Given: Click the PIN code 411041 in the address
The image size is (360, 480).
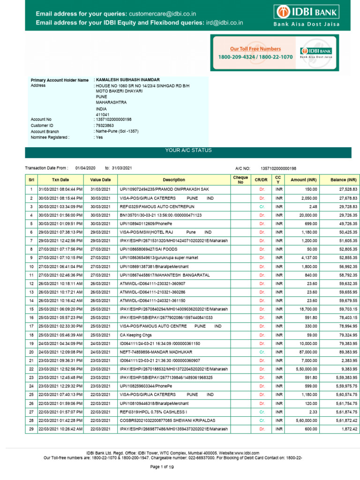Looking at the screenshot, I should pos(103,114).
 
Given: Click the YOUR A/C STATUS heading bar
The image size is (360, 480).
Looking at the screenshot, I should pos(188,150).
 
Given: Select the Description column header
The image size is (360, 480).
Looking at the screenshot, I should pos(174,180).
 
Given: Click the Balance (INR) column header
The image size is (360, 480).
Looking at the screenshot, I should pos(344,180).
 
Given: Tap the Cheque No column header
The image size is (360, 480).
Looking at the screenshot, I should pos(240,180).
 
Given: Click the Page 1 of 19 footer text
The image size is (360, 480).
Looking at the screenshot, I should pos(161,467).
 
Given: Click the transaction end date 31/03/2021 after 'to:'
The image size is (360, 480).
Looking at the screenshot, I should pos(122,168).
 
